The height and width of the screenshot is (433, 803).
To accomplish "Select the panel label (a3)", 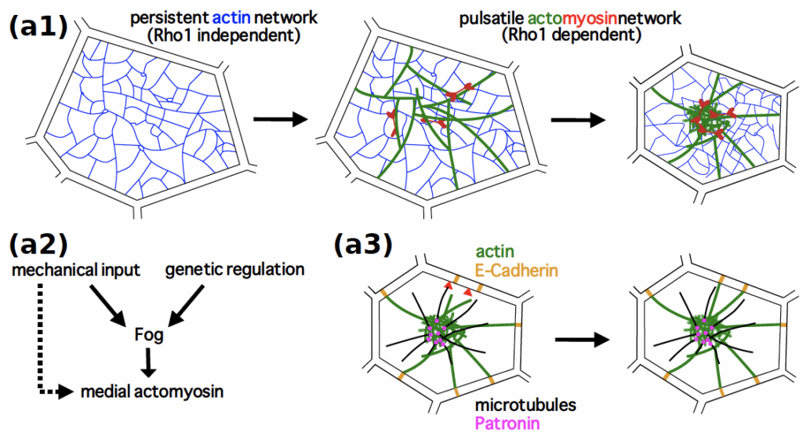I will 362,244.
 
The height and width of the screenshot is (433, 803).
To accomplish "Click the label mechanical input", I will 75,271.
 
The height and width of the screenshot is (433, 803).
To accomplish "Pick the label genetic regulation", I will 234,271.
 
